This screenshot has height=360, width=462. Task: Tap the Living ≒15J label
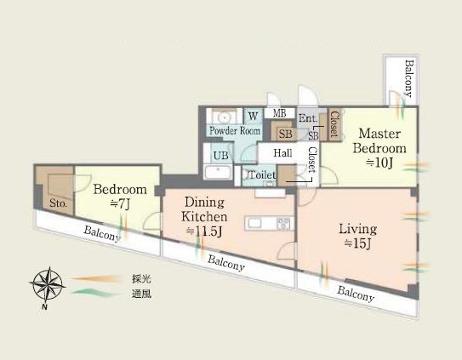(x=357, y=236)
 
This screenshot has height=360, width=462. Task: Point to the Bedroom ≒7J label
(x=120, y=197)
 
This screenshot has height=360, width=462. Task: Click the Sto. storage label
(x=58, y=203)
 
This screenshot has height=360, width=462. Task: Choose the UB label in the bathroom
(x=221, y=156)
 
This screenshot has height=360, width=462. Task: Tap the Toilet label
(x=262, y=175)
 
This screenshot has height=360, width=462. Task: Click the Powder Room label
(x=235, y=130)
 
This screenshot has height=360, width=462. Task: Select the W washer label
(x=253, y=116)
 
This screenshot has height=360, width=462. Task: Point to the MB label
(x=279, y=113)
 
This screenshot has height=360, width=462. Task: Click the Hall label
(x=282, y=152)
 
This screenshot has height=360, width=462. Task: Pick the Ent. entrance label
(x=308, y=118)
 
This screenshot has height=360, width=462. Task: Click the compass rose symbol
(x=47, y=283)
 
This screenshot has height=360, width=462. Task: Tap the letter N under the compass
(x=44, y=307)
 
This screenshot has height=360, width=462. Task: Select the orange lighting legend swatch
(x=95, y=278)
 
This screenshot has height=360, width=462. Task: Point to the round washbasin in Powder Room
(x=225, y=117)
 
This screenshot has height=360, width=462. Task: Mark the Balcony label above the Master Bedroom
(x=409, y=78)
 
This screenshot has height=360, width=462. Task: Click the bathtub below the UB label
(x=218, y=172)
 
